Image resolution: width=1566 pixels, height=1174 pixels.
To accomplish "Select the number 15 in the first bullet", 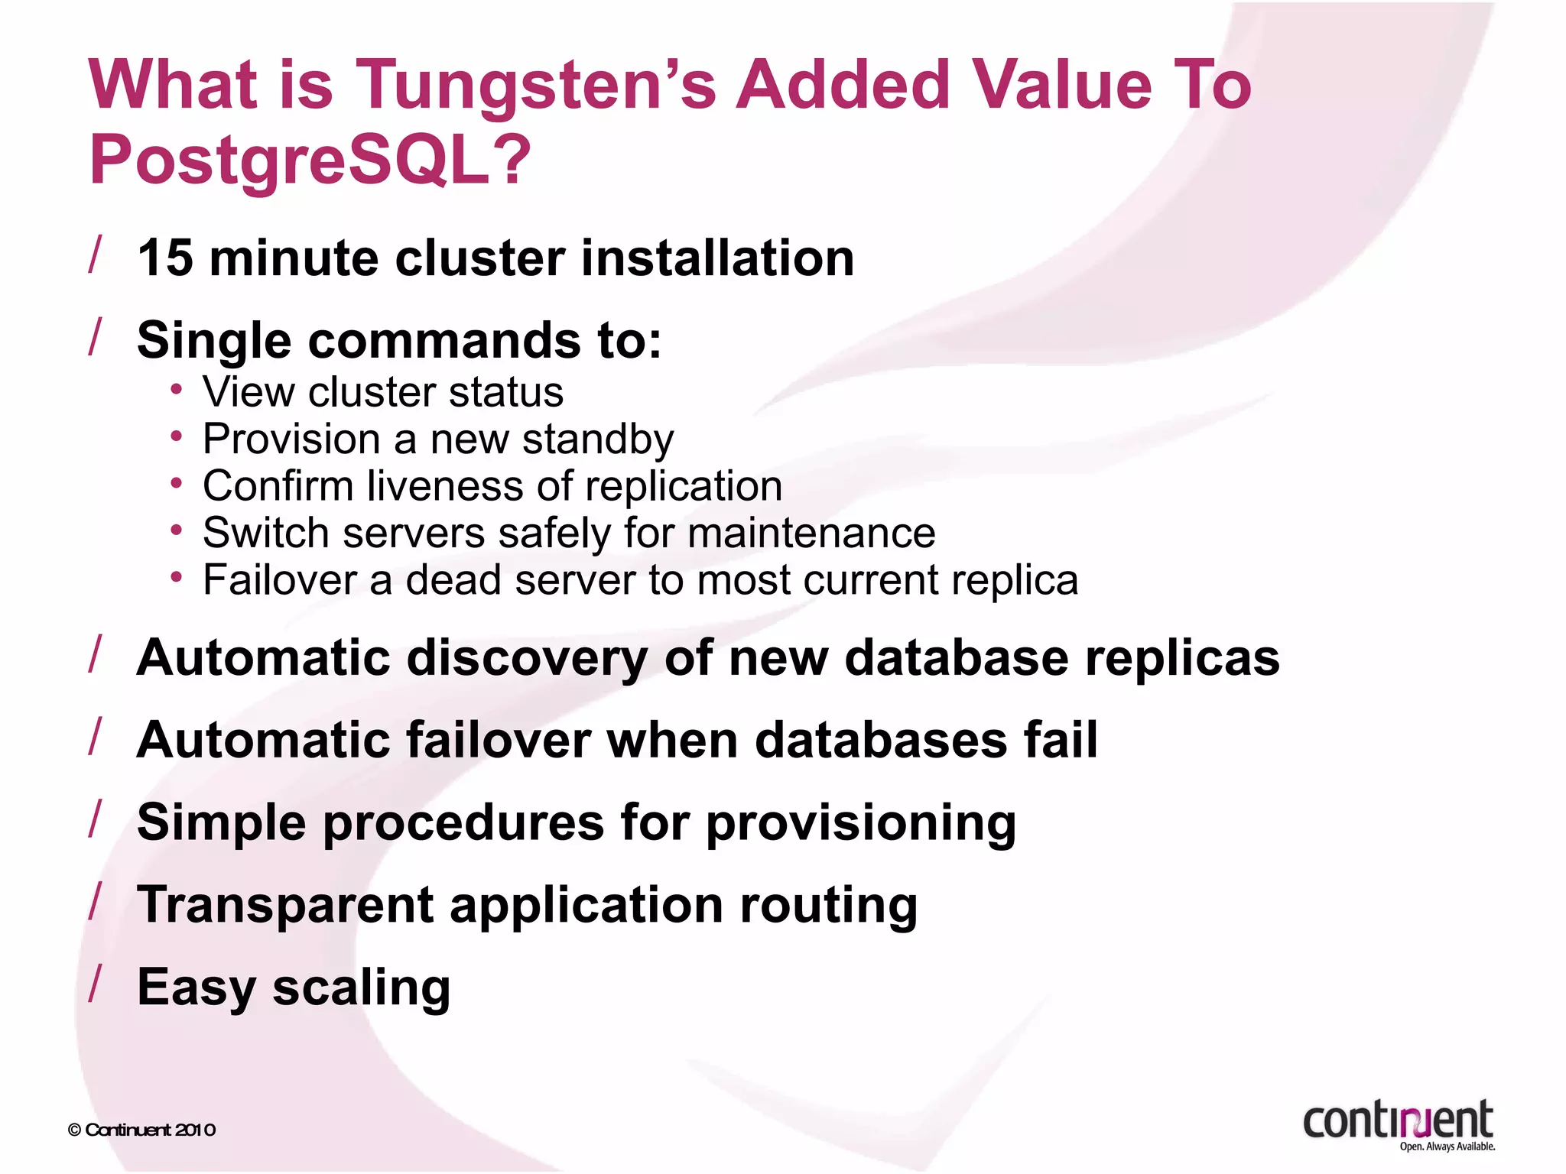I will coord(164,258).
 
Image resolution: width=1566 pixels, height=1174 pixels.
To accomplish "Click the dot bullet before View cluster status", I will coord(177,390).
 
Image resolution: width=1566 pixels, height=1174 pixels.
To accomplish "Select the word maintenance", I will coord(811,533).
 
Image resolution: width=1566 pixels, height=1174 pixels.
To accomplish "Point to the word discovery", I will coord(527,658).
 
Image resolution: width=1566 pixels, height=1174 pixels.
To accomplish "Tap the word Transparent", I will coord(285,906).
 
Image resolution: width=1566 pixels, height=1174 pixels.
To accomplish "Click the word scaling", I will coord(362,988).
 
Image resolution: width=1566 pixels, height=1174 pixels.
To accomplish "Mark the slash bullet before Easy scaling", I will coord(96,984).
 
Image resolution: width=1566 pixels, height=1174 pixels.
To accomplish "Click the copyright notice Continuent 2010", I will coord(142,1130).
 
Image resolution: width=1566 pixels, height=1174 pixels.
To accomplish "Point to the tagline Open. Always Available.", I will coord(1447,1146).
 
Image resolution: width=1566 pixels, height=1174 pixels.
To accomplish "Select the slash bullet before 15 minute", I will coord(96,254).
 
